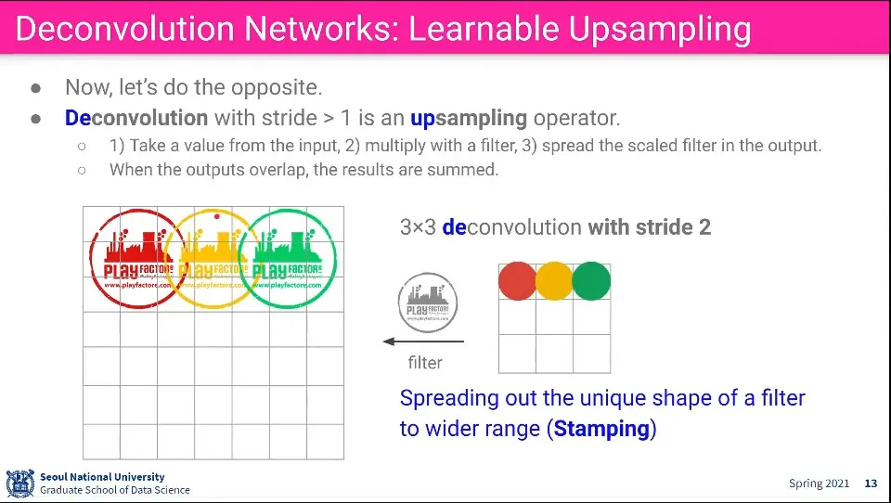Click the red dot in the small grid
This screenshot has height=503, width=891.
[517, 281]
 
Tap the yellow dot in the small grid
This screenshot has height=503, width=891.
[554, 281]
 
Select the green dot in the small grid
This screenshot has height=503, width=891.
[591, 281]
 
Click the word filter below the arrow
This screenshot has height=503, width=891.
[425, 363]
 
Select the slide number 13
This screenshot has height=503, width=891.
[871, 484]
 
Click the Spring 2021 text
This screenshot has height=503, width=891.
[819, 484]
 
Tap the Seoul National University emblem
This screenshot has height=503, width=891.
[19, 484]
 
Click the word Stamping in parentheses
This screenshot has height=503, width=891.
[600, 430]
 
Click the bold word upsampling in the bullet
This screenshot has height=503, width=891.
[469, 119]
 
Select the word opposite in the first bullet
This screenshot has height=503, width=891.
[277, 88]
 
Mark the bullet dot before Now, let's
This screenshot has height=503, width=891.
[35, 88]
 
